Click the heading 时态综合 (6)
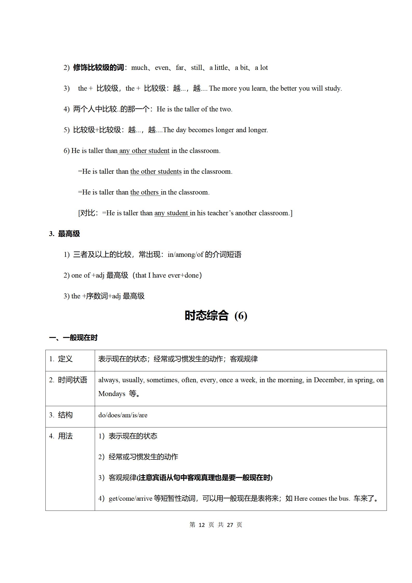click(x=216, y=316)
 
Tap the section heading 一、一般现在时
click(x=73, y=338)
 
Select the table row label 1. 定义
click(x=61, y=359)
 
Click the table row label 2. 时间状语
click(x=68, y=380)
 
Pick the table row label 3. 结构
click(x=61, y=415)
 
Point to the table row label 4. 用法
click(x=61, y=436)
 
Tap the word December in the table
click(x=329, y=380)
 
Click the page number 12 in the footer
click(x=202, y=525)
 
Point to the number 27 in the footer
click(x=230, y=525)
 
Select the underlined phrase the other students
click(x=156, y=171)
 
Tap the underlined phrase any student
click(x=171, y=213)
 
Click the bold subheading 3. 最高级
click(x=64, y=234)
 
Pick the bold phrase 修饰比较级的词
click(x=98, y=68)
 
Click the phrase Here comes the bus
click(x=322, y=498)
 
